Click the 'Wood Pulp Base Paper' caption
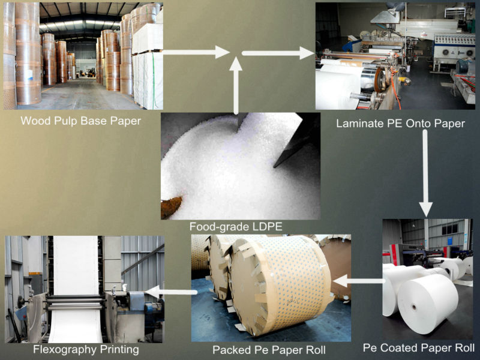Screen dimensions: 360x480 (x=80, y=121)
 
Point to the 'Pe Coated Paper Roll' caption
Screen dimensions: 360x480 (x=418, y=347)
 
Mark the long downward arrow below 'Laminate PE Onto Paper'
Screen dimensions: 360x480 (x=425, y=174)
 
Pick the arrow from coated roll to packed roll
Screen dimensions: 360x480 (x=358, y=280)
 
